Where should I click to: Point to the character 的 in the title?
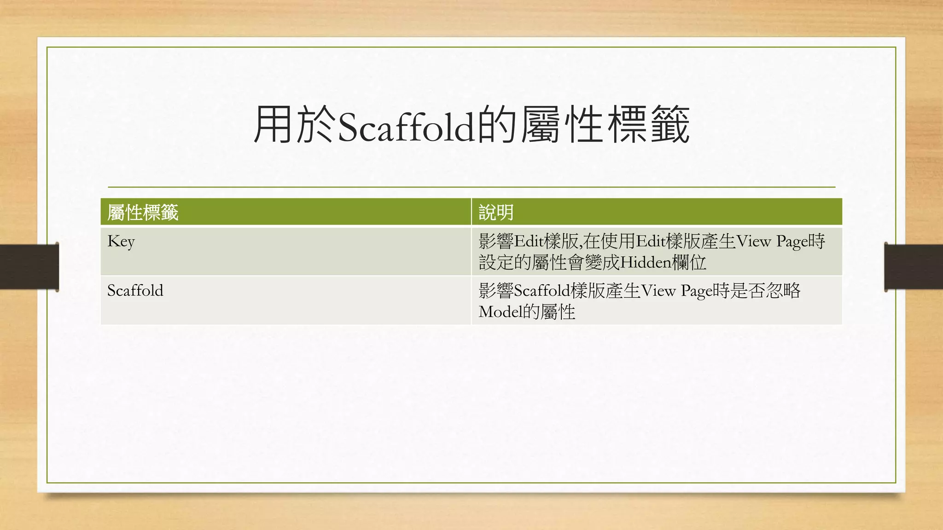[496, 125]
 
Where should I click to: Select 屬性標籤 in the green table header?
[143, 213]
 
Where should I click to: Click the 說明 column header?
[496, 213]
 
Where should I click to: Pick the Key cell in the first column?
[121, 242]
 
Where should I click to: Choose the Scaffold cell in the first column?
[135, 291]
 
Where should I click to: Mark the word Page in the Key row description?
[792, 242]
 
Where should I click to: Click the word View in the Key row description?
[754, 242]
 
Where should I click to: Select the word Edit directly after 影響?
[529, 242]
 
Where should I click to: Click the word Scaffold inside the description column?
[542, 291]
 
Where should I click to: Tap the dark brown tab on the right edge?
[914, 267]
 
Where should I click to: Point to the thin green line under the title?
[471, 187]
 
